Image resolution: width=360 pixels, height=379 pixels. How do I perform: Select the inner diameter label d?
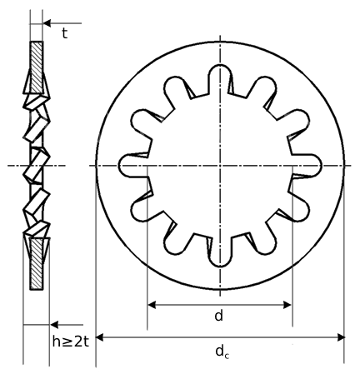(218, 316)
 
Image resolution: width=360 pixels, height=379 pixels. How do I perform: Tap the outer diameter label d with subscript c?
(221, 352)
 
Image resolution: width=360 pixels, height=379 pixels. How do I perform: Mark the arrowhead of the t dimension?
(47, 23)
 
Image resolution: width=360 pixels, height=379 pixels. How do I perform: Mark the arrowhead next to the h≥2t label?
(53, 325)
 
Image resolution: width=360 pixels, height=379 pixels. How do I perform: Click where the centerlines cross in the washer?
(220, 166)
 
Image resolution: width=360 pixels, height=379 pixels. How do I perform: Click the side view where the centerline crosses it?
(36, 166)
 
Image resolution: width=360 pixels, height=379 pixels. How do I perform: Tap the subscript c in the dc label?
(226, 356)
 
